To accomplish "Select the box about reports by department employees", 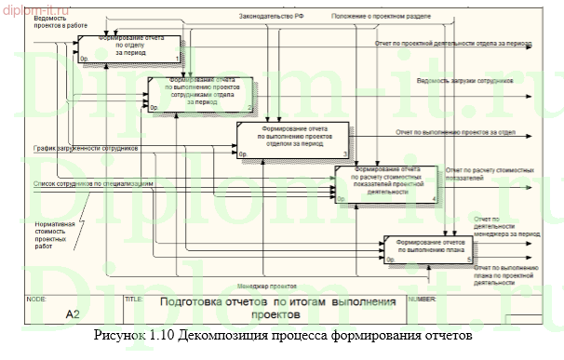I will (x=201, y=94).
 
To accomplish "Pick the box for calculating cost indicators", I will (x=385, y=182).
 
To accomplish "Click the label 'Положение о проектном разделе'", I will (x=369, y=16).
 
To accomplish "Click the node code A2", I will (x=73, y=313).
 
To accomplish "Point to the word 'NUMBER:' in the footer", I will (x=422, y=300).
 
